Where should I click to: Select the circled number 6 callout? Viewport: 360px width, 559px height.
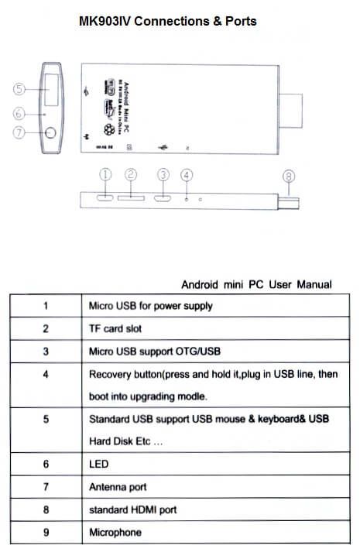[x=20, y=113]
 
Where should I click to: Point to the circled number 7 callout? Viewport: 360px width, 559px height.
[x=20, y=132]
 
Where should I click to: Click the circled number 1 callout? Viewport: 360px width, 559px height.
[x=107, y=175]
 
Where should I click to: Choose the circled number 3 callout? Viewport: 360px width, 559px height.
[x=163, y=175]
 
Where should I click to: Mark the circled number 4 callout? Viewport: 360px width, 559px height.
[x=187, y=175]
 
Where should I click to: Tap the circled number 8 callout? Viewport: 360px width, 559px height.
[x=289, y=176]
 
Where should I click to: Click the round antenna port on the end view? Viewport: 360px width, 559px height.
[x=51, y=133]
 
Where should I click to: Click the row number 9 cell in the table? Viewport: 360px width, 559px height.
[x=46, y=533]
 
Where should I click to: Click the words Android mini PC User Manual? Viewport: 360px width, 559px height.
[x=256, y=284]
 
